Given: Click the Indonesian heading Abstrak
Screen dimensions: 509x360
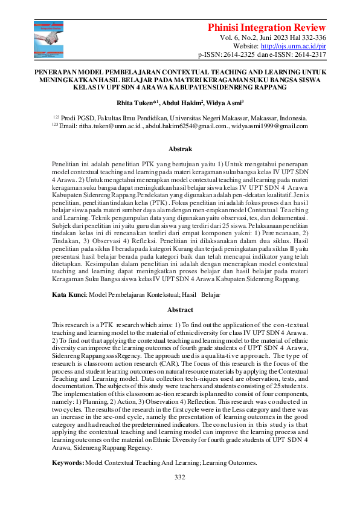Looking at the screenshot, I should (179, 149).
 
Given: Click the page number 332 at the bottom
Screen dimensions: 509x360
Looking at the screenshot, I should (179, 478).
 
